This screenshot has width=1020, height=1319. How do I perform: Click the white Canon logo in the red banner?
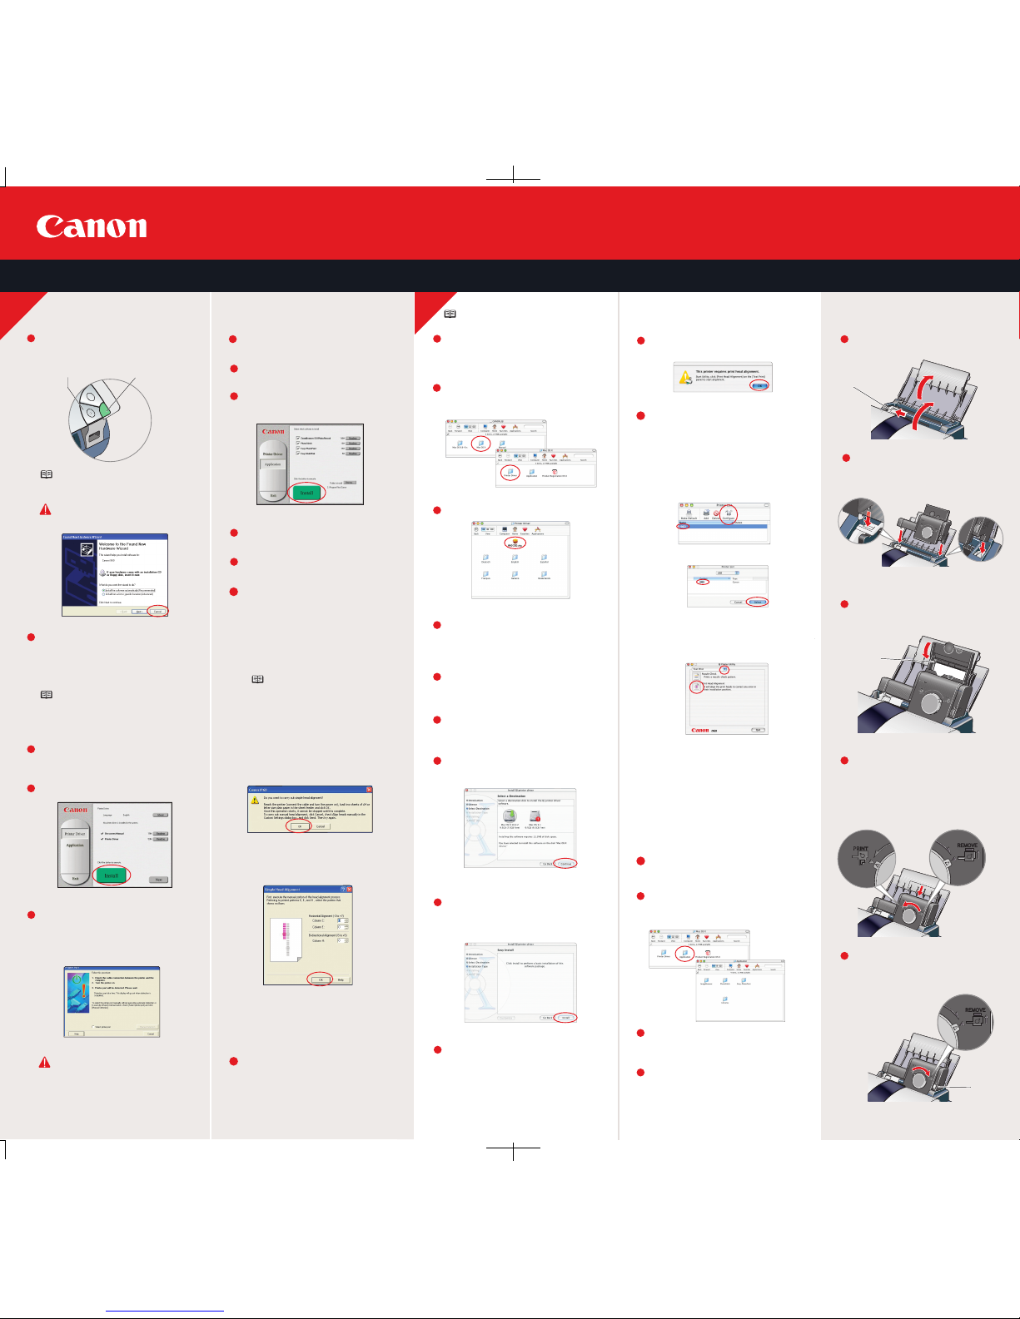tap(92, 227)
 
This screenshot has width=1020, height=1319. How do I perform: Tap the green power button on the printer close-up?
tap(106, 410)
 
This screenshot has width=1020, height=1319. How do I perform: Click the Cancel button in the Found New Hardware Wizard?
tap(157, 612)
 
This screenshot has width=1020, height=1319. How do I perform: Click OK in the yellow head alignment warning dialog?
tap(299, 826)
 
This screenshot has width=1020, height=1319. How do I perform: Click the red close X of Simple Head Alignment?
tap(349, 890)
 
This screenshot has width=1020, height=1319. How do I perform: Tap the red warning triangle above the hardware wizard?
tap(46, 509)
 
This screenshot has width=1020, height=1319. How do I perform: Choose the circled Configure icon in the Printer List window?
tap(728, 515)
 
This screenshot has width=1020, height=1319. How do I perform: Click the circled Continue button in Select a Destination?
tap(565, 864)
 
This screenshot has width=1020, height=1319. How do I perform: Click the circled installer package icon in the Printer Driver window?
tap(515, 543)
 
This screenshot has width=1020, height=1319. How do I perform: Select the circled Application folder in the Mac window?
tap(685, 955)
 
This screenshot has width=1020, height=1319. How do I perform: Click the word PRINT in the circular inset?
tap(860, 850)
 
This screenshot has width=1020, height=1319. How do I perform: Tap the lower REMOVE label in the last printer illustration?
tap(975, 1010)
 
